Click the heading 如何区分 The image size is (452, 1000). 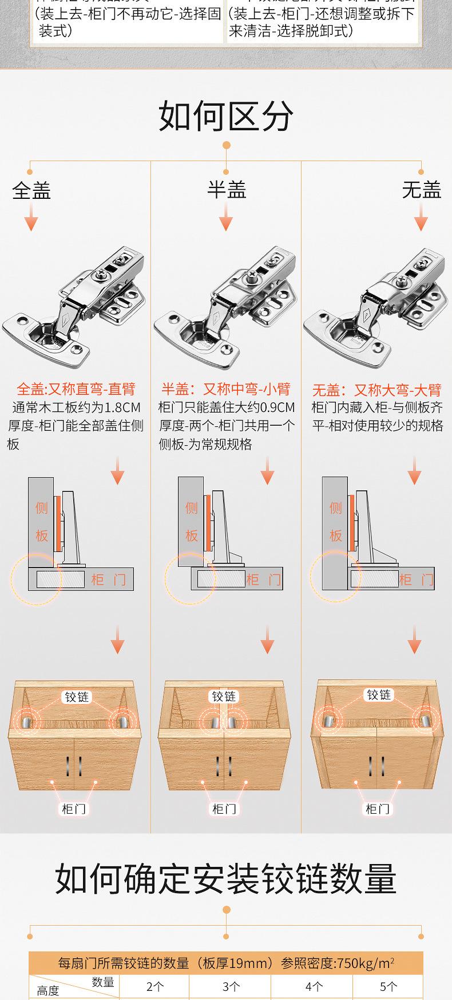coord(226,116)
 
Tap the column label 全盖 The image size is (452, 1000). coord(32,190)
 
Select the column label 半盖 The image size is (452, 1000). coord(227,190)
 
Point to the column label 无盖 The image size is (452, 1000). coord(422,190)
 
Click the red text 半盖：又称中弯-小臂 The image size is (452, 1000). coord(226,390)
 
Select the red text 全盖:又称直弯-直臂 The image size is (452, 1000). coord(76,390)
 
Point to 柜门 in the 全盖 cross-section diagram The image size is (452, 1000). coord(109,580)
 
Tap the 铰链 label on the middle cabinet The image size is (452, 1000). coord(224,697)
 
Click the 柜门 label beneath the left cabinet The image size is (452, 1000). coord(73,809)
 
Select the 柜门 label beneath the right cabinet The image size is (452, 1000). coord(378,809)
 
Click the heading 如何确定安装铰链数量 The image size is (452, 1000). coord(226,878)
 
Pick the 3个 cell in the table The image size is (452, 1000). coord(231,986)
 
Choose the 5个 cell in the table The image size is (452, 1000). coord(388,986)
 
